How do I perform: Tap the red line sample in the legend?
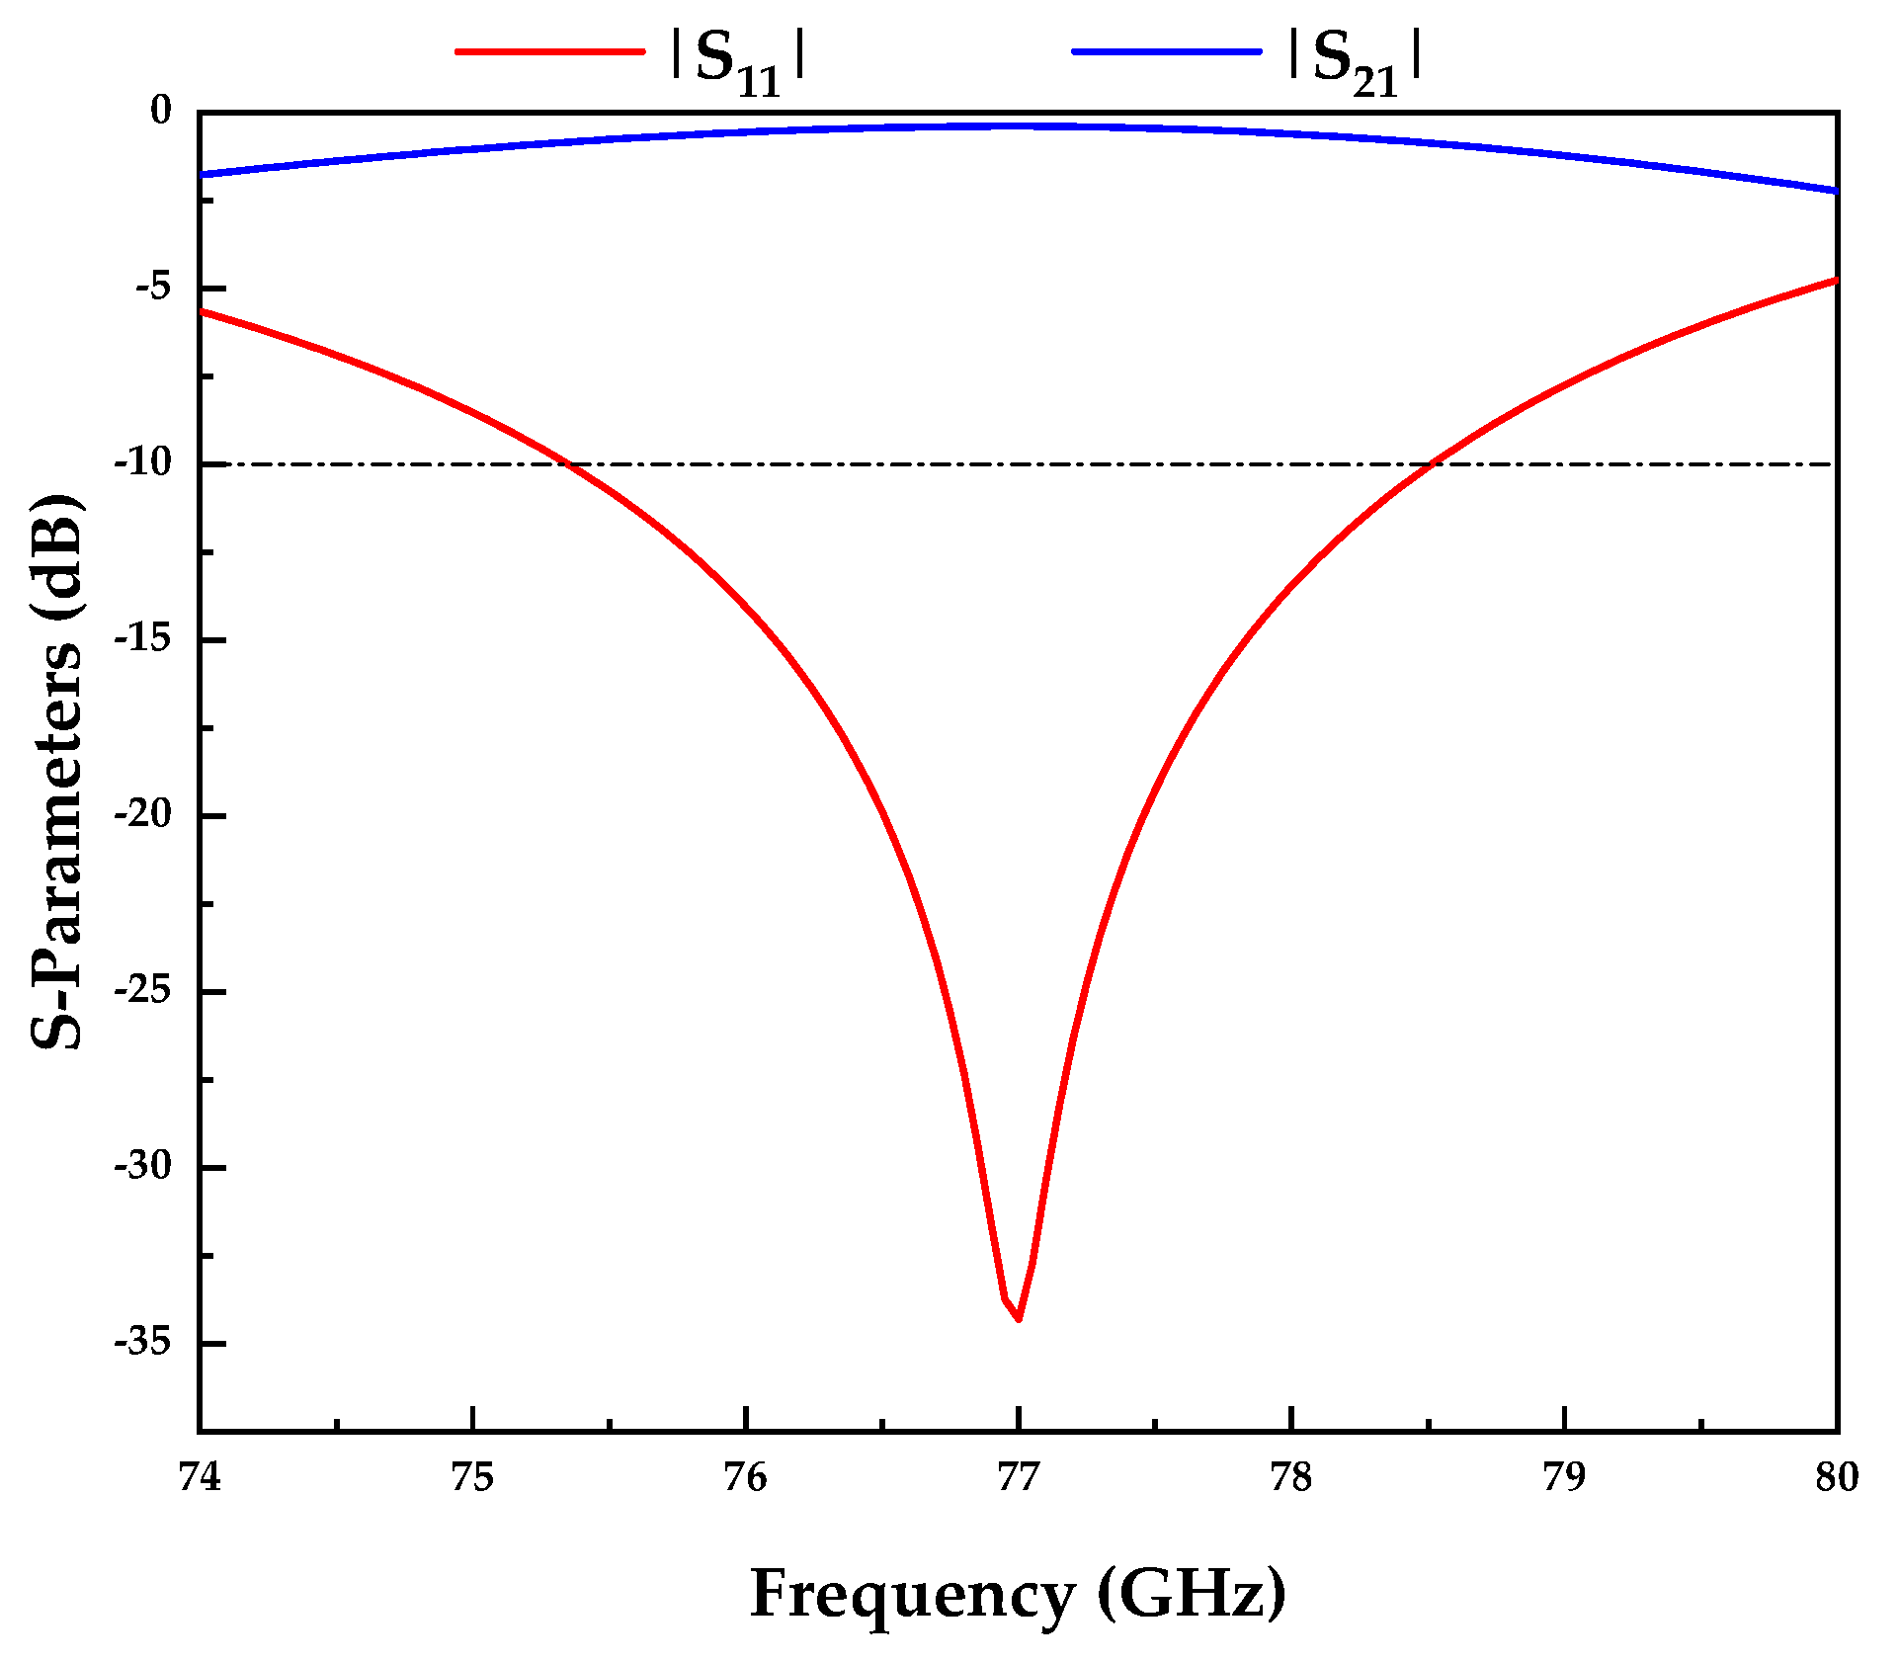click(550, 51)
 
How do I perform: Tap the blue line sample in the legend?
click(1167, 51)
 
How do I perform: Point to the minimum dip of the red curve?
click(1018, 1318)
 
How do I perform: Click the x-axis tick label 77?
click(1018, 1477)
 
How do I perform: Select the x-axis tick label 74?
click(200, 1477)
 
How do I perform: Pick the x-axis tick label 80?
click(1837, 1477)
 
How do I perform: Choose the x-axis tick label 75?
click(472, 1477)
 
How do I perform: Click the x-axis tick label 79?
click(1564, 1477)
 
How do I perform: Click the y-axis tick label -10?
click(142, 462)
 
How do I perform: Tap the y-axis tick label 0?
click(160, 111)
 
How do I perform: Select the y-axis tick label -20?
click(142, 814)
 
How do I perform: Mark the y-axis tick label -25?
click(142, 990)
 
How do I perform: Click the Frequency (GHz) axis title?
click(1018, 1593)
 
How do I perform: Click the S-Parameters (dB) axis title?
click(57, 771)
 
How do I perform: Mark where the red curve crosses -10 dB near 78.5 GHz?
click(1434, 463)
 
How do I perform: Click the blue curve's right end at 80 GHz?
click(1835, 191)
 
